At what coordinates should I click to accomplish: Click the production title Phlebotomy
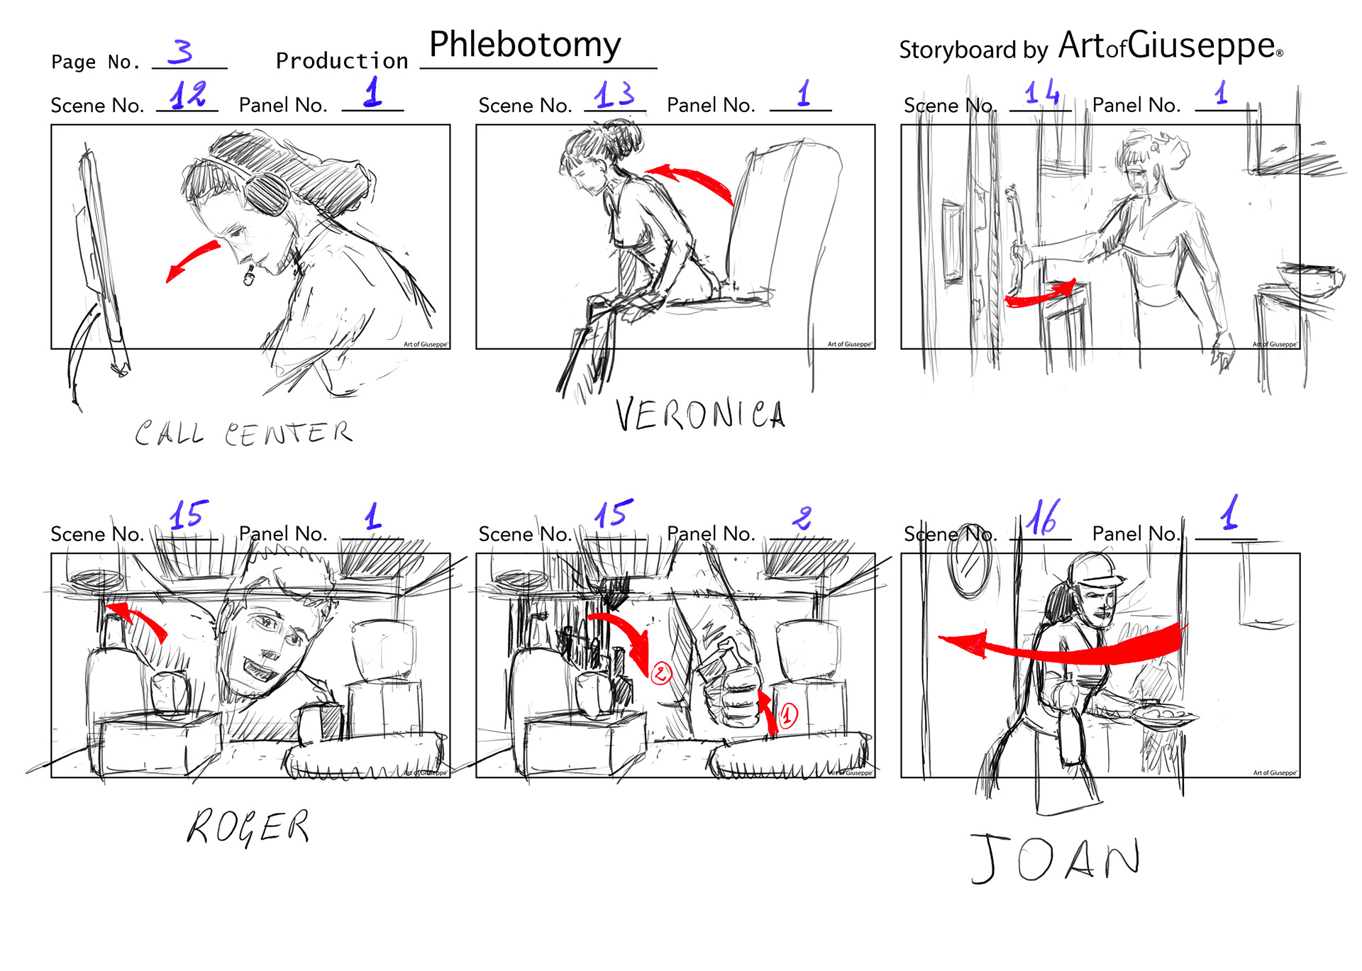coord(525,45)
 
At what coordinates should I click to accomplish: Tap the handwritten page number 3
coord(181,52)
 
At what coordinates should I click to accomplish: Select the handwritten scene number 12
coord(189,94)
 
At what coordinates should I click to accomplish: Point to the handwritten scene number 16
coord(1042,518)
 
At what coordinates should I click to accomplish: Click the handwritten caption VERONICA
coord(699,414)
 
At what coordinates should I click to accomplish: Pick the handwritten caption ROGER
coord(248,827)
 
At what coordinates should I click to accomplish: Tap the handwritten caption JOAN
coord(1056,858)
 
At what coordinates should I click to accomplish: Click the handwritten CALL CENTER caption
coord(243,433)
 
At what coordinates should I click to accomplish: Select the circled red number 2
coord(661,672)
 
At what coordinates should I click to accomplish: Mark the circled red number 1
coord(788,715)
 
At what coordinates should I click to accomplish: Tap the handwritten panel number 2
coord(802,518)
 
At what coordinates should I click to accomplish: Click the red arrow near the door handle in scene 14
coord(1040,294)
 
